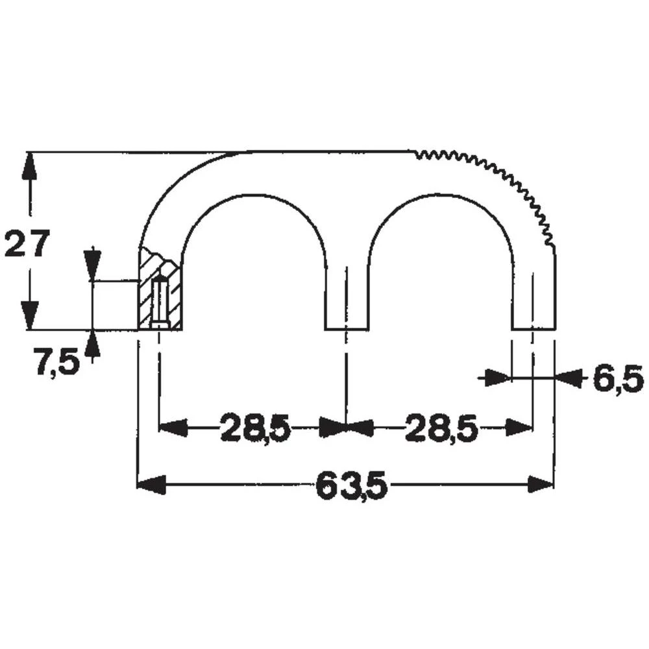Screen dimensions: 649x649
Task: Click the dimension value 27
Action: (27, 245)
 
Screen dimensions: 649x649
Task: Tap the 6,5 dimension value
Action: (617, 379)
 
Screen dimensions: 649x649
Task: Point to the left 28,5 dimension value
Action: (254, 428)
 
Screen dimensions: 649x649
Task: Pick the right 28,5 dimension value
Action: (441, 428)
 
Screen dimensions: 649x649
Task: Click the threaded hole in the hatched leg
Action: (160, 302)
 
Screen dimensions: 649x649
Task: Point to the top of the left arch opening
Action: (252, 194)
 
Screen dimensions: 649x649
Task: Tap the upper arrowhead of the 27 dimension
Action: (27, 166)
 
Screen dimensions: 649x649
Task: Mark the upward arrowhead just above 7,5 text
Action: (93, 343)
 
